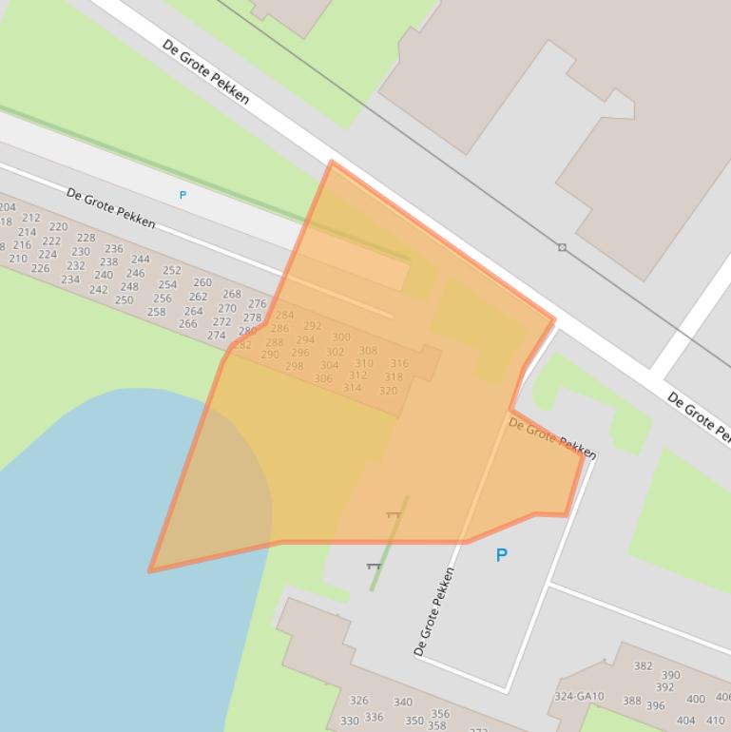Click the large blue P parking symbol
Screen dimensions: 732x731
501,555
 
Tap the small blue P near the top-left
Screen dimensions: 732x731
183,195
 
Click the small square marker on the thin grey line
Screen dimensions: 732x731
562,247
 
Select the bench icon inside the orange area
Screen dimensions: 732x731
394,514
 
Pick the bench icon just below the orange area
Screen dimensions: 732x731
373,566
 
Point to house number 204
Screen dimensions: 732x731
8,207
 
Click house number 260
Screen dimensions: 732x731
202,282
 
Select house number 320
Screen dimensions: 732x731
388,391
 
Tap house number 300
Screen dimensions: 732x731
341,337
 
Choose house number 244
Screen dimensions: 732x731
141,259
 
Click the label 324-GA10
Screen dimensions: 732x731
579,696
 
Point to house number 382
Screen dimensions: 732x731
644,666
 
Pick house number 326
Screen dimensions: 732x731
358,701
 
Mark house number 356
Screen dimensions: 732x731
440,714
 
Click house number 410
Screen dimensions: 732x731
715,721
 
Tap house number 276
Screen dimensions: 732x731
257,304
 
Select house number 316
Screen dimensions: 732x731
399,363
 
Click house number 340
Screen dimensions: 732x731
403,703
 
